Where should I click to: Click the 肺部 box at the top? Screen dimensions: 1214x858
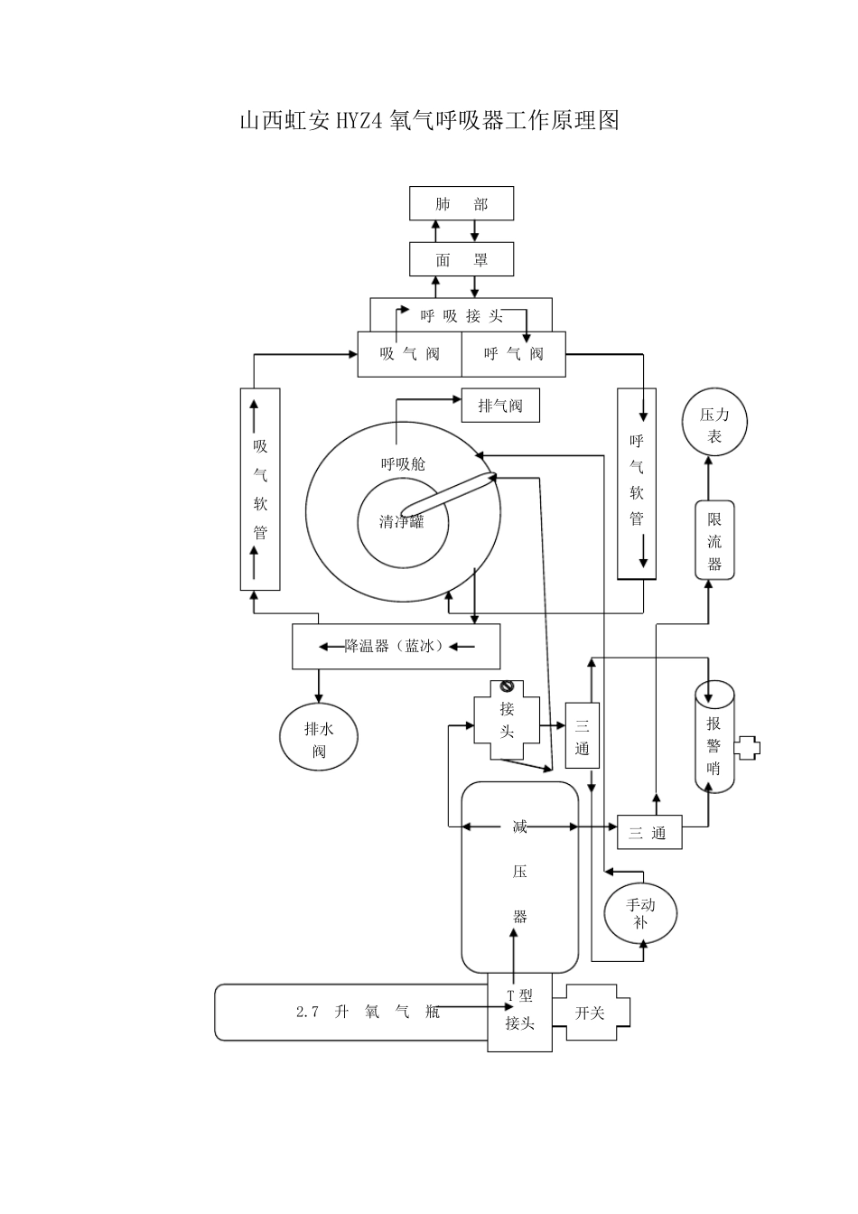click(462, 204)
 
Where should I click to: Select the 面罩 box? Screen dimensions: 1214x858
click(462, 260)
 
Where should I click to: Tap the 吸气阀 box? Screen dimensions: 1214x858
click(409, 354)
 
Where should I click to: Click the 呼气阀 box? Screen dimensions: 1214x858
click(513, 354)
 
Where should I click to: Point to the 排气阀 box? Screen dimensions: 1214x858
click(500, 406)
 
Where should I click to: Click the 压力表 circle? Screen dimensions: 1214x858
click(713, 425)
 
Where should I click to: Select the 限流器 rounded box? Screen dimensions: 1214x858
click(713, 541)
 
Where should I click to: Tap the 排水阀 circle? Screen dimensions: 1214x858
click(318, 738)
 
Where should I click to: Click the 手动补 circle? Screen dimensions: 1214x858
click(640, 912)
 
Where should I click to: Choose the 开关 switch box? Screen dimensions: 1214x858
click(591, 1013)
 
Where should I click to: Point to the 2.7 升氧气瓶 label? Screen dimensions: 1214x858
click(368, 1013)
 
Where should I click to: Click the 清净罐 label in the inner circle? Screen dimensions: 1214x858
click(402, 522)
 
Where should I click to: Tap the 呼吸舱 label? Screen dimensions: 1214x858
click(403, 464)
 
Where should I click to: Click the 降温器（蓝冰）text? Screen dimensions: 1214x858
click(396, 647)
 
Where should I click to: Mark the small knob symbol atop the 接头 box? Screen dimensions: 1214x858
click(507, 687)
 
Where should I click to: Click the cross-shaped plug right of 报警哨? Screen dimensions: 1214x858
click(747, 747)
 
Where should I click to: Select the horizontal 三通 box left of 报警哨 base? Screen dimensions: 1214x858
click(648, 833)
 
